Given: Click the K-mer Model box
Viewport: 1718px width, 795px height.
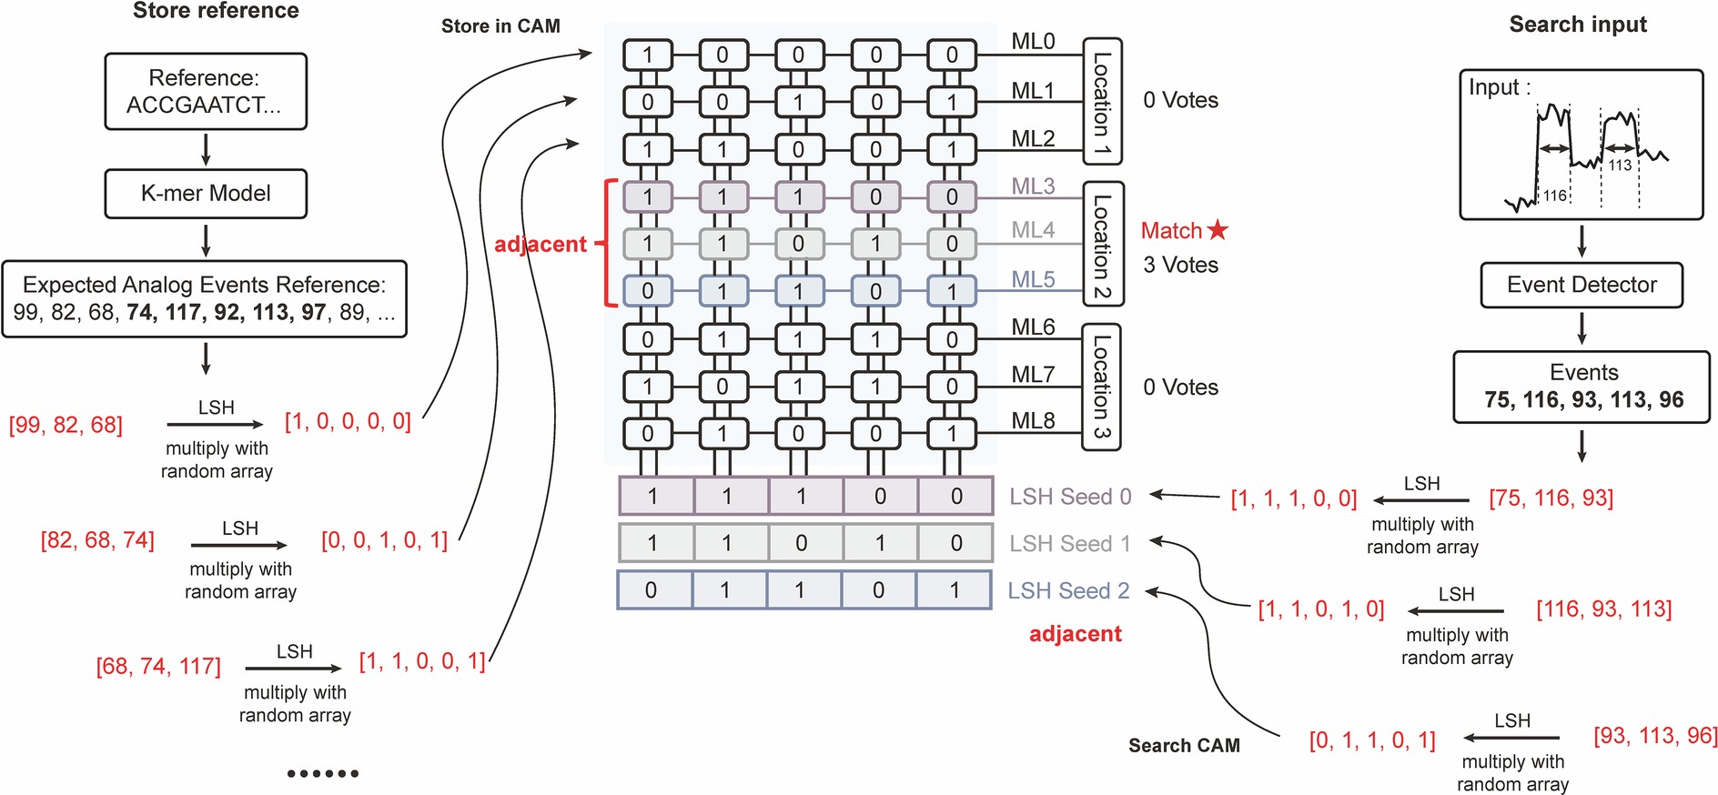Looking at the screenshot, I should click(x=206, y=193).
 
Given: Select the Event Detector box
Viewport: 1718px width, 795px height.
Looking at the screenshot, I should click(x=1582, y=285).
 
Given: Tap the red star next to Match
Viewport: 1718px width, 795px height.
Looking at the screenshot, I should click(x=1218, y=230).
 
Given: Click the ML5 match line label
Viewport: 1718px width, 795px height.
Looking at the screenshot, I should click(x=1033, y=279).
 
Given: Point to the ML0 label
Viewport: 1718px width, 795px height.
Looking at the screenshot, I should click(x=1033, y=41).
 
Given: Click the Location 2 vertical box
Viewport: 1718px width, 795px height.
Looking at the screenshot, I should click(x=1102, y=244).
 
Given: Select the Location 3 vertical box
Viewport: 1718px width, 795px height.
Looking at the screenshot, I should click(x=1101, y=387).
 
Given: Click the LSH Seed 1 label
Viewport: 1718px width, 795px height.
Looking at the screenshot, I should click(x=1069, y=544).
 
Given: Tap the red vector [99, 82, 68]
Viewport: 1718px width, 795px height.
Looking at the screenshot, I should click(x=66, y=425).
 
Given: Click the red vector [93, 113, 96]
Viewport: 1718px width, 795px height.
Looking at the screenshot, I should click(x=1654, y=735).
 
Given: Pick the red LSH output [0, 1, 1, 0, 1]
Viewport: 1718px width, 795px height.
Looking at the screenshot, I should click(x=1372, y=740).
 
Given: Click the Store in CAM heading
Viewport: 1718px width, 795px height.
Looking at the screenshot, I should click(x=500, y=26).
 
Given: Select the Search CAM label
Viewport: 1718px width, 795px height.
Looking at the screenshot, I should click(x=1184, y=746).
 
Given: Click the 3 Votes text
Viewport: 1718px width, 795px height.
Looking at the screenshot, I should click(x=1180, y=265).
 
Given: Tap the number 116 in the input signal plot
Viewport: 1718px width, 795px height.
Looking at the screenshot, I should click(x=1554, y=196).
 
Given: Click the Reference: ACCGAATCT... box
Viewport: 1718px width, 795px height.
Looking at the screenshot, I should click(x=206, y=91).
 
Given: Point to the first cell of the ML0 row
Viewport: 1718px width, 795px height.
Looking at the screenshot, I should click(x=647, y=55).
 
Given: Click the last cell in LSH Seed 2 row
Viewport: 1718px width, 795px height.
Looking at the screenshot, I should click(x=955, y=589).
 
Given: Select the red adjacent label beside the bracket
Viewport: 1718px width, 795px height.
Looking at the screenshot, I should click(x=541, y=244).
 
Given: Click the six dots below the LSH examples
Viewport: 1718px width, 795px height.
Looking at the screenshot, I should click(x=322, y=773).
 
